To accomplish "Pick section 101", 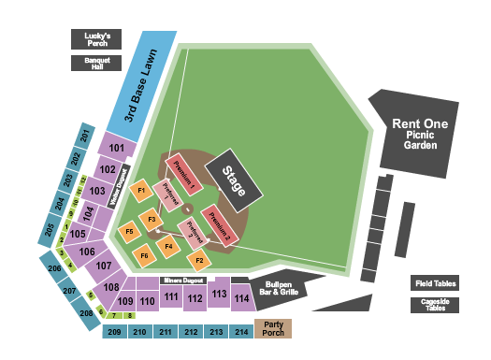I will click(118, 147).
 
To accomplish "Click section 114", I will click(242, 299).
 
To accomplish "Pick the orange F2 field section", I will click(199, 260).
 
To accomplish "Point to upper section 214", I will click(241, 332).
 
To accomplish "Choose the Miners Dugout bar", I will click(183, 280).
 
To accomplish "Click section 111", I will click(171, 297).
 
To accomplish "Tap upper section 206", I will click(54, 269).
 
